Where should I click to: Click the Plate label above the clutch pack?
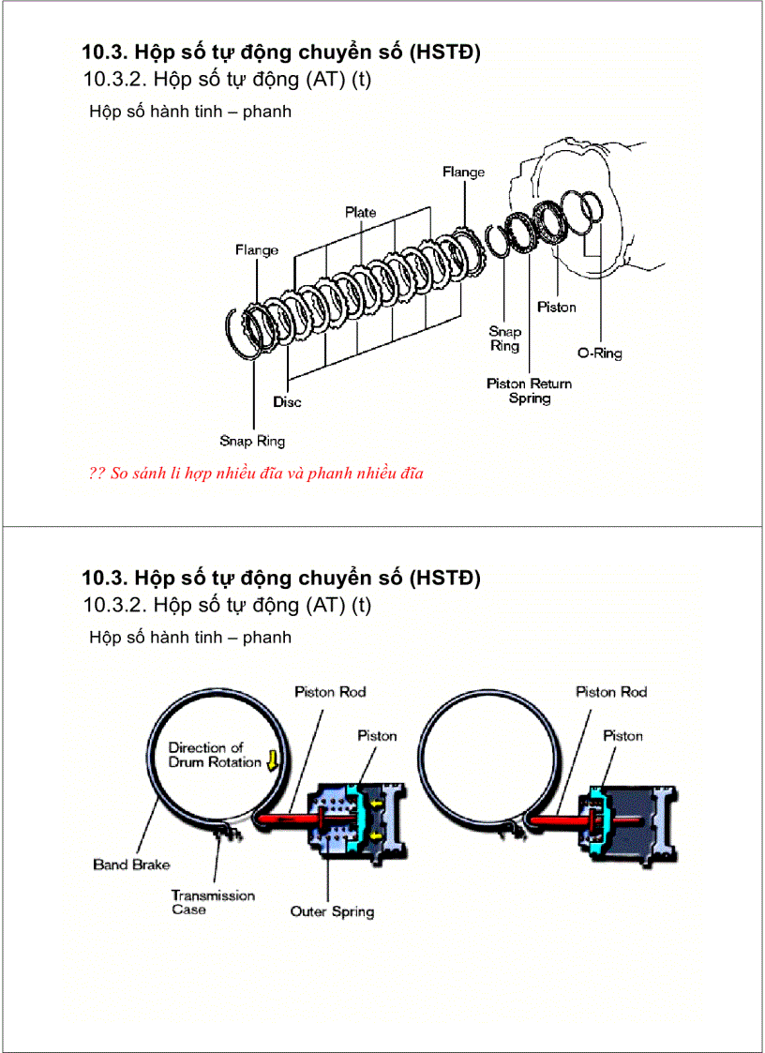pos(360,213)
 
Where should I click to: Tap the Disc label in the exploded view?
pos(287,402)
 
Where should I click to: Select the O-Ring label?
pos(599,354)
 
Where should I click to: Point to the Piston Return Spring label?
pos(529,391)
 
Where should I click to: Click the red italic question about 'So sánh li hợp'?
pos(256,474)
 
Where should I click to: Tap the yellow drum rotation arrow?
pos(272,760)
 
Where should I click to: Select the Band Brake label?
pos(131,865)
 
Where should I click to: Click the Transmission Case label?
pos(213,902)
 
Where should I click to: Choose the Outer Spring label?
pos(332,911)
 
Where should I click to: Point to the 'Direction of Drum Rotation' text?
pos(215,755)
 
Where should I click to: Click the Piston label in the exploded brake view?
pos(556,308)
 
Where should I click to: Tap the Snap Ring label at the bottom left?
pos(252,441)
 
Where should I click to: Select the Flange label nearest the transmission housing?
pos(463,173)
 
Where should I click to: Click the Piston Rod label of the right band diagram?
pos(611,692)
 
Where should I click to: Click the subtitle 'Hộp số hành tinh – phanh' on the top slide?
pos(190,112)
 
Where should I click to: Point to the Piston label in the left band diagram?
pos(377,736)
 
